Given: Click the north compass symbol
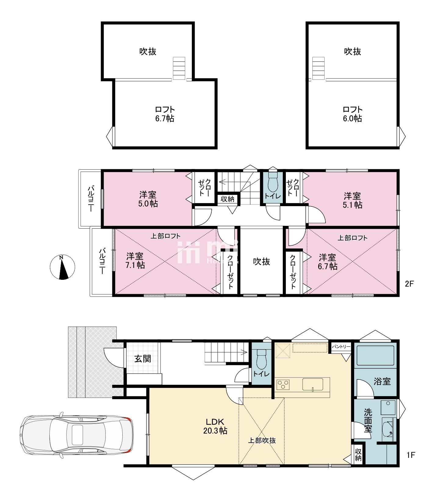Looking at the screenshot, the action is pos(62,267).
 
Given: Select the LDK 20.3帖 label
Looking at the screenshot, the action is pos(216,426).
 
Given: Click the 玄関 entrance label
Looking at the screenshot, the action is pos(143,359).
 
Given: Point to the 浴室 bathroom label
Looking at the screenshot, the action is pos(383,381).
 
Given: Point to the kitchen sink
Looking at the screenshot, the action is pos(313,384).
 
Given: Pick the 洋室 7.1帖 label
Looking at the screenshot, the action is pos(135,260).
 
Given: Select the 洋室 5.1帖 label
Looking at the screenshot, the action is pos(353,200).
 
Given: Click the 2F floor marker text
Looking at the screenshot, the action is pos(409,284).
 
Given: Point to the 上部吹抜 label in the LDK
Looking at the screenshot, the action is pos(261,440).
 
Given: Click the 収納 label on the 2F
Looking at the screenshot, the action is pos(227,199).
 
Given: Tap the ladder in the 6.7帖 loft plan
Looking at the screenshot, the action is pos(179,68).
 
